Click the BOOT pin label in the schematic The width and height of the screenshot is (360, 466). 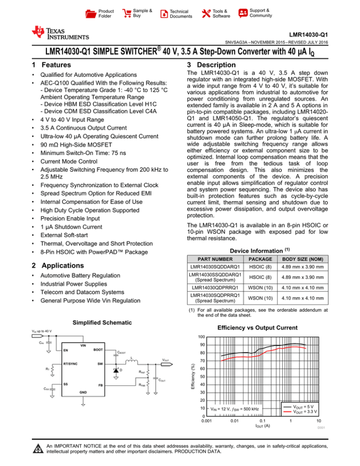(97, 349)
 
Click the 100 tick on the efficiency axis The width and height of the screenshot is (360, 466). (201, 337)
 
